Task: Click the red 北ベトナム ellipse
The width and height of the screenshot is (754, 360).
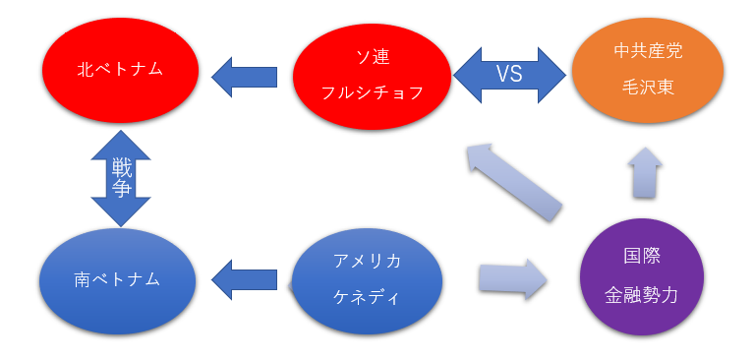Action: point(120,72)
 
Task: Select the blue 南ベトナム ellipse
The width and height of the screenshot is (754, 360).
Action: point(117,279)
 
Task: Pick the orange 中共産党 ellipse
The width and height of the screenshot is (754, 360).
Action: point(647,73)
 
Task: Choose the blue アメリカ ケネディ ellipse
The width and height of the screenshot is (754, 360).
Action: point(366,279)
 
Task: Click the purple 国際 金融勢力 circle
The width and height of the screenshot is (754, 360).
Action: point(641,277)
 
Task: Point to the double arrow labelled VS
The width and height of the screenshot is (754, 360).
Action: point(510,75)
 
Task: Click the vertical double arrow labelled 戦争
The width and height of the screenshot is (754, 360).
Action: point(121,178)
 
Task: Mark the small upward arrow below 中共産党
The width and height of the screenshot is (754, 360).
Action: point(645,175)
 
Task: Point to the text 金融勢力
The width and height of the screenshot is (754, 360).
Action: point(641,294)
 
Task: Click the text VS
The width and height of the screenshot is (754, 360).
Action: point(509,75)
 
